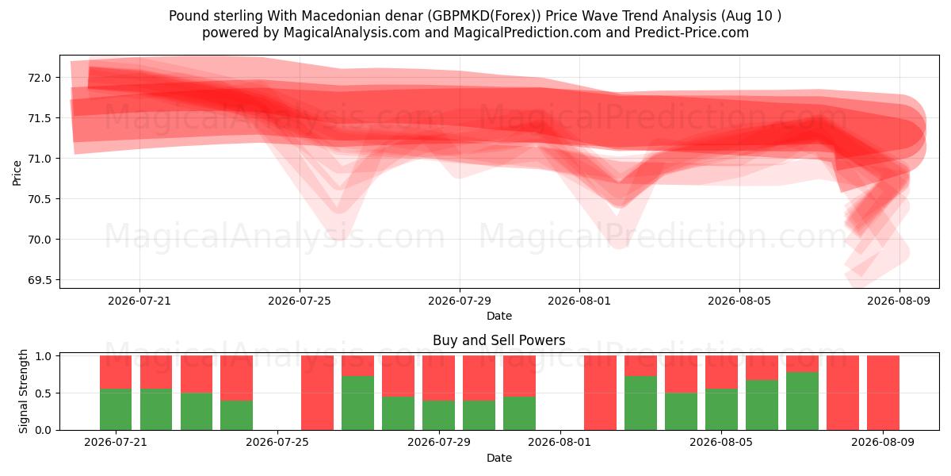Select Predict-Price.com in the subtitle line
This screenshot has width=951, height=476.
point(692,33)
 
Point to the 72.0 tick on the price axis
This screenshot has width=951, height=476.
point(40,78)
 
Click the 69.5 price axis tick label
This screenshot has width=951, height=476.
point(40,280)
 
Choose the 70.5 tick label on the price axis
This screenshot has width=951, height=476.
point(40,199)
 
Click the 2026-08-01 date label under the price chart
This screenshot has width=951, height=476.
point(579,301)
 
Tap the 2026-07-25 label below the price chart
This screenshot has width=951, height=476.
point(300,301)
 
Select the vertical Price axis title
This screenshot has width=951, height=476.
point(17,173)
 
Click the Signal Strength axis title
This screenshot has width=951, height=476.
point(23,391)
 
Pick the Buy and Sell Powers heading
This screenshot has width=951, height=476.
point(498,340)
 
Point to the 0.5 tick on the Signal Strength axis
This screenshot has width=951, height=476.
point(44,393)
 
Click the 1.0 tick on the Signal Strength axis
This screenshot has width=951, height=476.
point(44,356)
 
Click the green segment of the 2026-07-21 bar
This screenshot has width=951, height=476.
point(116,409)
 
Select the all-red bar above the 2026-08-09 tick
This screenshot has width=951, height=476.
point(883,393)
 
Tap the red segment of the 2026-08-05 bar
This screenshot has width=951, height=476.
point(721,372)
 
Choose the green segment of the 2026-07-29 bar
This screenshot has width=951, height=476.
point(438,415)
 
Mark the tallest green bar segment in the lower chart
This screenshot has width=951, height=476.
point(802,401)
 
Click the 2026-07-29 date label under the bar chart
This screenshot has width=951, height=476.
point(438,443)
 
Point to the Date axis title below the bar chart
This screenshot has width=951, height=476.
point(498,459)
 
